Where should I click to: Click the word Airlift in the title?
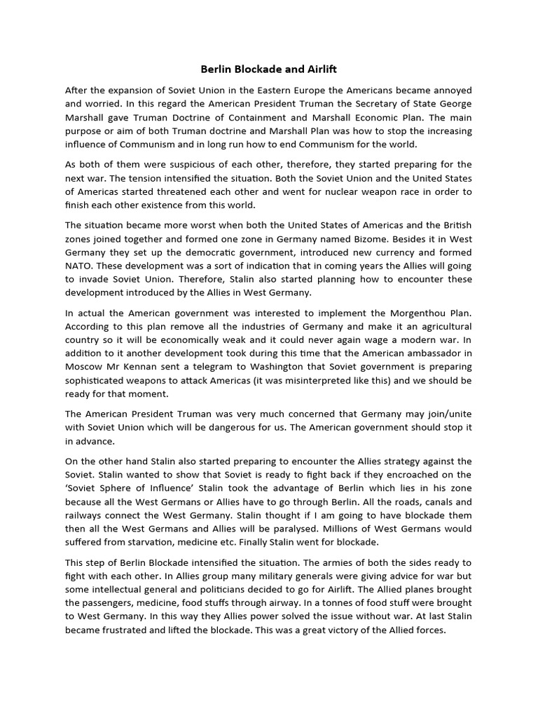click(321, 69)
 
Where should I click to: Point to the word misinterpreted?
click(333, 380)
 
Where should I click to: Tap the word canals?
click(433, 501)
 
